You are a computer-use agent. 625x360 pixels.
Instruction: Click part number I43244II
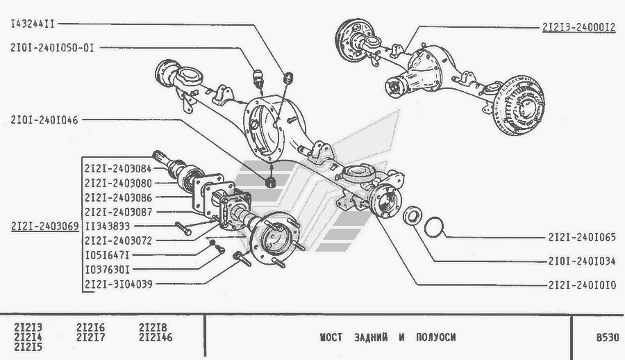[32, 24]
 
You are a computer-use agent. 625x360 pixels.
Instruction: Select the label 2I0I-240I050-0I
[51, 47]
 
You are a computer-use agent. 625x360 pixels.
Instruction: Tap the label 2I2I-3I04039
[117, 284]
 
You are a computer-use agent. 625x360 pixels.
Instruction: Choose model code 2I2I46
[155, 338]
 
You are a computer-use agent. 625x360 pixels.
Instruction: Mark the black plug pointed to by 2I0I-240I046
[272, 183]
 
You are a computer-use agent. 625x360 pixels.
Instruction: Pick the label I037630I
[107, 269]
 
